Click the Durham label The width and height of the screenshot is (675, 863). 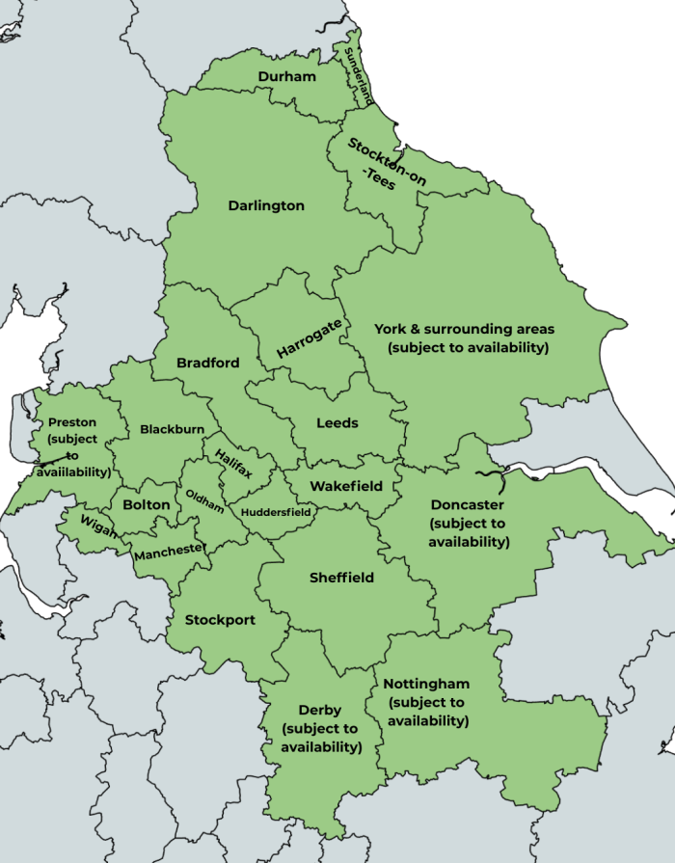(x=286, y=76)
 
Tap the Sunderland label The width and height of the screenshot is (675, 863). (x=358, y=75)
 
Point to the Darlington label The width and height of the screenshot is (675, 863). (x=266, y=205)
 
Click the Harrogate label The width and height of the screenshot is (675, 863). (x=309, y=340)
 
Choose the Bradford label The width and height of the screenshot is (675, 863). (x=208, y=364)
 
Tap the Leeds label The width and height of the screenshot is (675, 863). (x=337, y=422)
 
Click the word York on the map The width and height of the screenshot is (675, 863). (x=391, y=329)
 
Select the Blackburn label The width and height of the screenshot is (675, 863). (x=172, y=429)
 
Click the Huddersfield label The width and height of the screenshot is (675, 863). (x=277, y=512)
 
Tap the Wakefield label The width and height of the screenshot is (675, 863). (x=346, y=486)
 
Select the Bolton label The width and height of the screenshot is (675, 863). (x=147, y=504)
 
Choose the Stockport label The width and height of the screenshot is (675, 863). (x=220, y=620)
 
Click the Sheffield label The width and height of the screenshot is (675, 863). (x=341, y=578)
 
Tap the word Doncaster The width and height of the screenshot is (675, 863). (x=467, y=504)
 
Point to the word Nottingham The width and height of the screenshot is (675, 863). (x=426, y=685)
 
